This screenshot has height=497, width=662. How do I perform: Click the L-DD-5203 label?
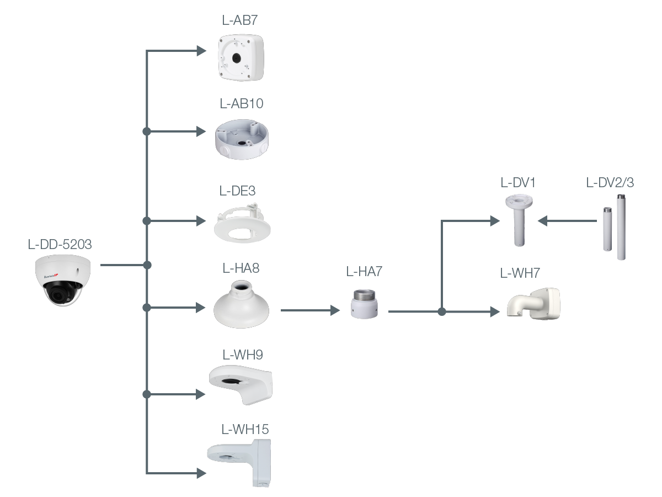(x=60, y=244)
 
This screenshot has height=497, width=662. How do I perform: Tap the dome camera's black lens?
(x=59, y=293)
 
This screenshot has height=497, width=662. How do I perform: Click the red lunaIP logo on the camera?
(x=51, y=276)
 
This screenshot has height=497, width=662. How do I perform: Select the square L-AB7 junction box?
(x=241, y=57)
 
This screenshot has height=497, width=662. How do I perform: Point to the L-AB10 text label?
(x=241, y=103)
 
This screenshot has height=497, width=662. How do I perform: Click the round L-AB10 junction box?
(x=242, y=139)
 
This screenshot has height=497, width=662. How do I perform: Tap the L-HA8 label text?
(x=241, y=268)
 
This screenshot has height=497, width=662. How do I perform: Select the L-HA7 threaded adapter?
(x=364, y=304)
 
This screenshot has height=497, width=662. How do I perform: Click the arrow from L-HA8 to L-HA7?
(x=311, y=310)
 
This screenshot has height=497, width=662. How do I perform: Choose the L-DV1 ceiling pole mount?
(x=519, y=220)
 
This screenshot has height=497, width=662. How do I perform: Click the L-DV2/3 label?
(x=610, y=183)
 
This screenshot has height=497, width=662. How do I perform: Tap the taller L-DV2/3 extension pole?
(x=621, y=227)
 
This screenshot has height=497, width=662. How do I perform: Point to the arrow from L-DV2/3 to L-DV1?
(x=567, y=221)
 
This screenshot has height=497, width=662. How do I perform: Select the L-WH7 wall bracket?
(x=533, y=304)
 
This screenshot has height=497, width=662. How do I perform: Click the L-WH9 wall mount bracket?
(x=241, y=384)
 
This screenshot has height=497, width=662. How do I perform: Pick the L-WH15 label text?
(x=245, y=429)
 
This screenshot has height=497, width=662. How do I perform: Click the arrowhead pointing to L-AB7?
(x=201, y=51)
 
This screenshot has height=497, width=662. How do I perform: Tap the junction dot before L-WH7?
(x=442, y=311)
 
